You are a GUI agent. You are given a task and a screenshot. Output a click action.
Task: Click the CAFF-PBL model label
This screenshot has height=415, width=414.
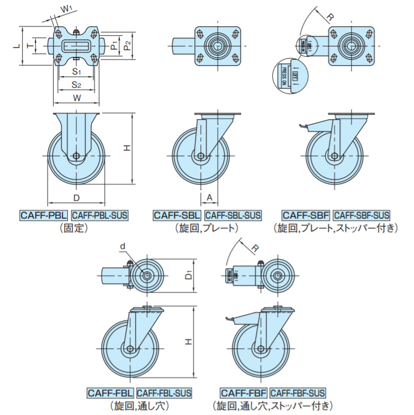pos(44,215)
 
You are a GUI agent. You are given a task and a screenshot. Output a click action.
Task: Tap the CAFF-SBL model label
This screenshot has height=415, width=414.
pos(177,215)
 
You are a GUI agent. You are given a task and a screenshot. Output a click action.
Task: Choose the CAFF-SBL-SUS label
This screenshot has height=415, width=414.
pos(232,215)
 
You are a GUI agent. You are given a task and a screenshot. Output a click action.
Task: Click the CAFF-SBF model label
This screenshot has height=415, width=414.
pos(306,215)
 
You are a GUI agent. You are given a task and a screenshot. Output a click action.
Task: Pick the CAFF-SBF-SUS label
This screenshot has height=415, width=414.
pos(362,215)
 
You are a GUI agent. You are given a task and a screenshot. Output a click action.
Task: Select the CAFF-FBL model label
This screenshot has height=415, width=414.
pos(110,393)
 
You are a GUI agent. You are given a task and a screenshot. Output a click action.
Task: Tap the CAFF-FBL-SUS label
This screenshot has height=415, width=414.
pos(164,393)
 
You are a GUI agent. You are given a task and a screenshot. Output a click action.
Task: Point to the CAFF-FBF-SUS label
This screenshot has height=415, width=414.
pos(298,393)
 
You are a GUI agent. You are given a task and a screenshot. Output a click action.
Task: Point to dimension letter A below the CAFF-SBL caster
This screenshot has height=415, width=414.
pos(209,197)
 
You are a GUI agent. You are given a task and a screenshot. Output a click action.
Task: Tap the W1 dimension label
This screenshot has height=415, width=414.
pos(66,9)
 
